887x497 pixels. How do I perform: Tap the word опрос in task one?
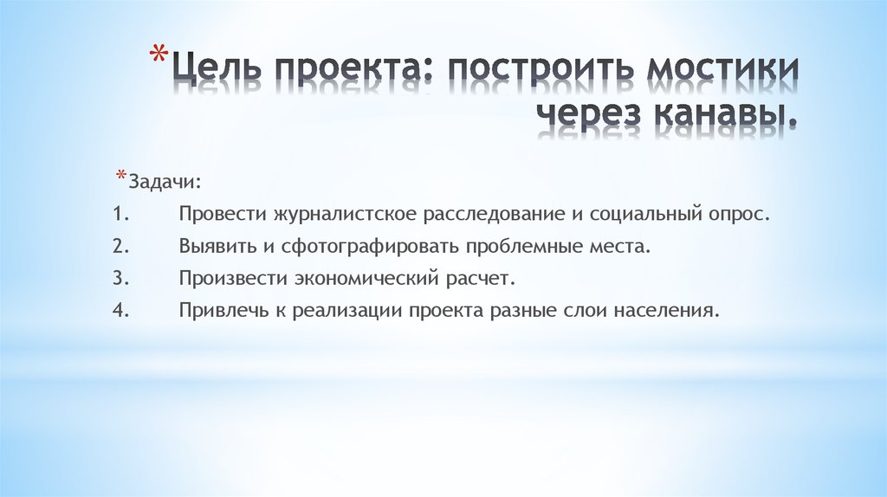(744, 213)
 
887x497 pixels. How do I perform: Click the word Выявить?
(216, 246)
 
